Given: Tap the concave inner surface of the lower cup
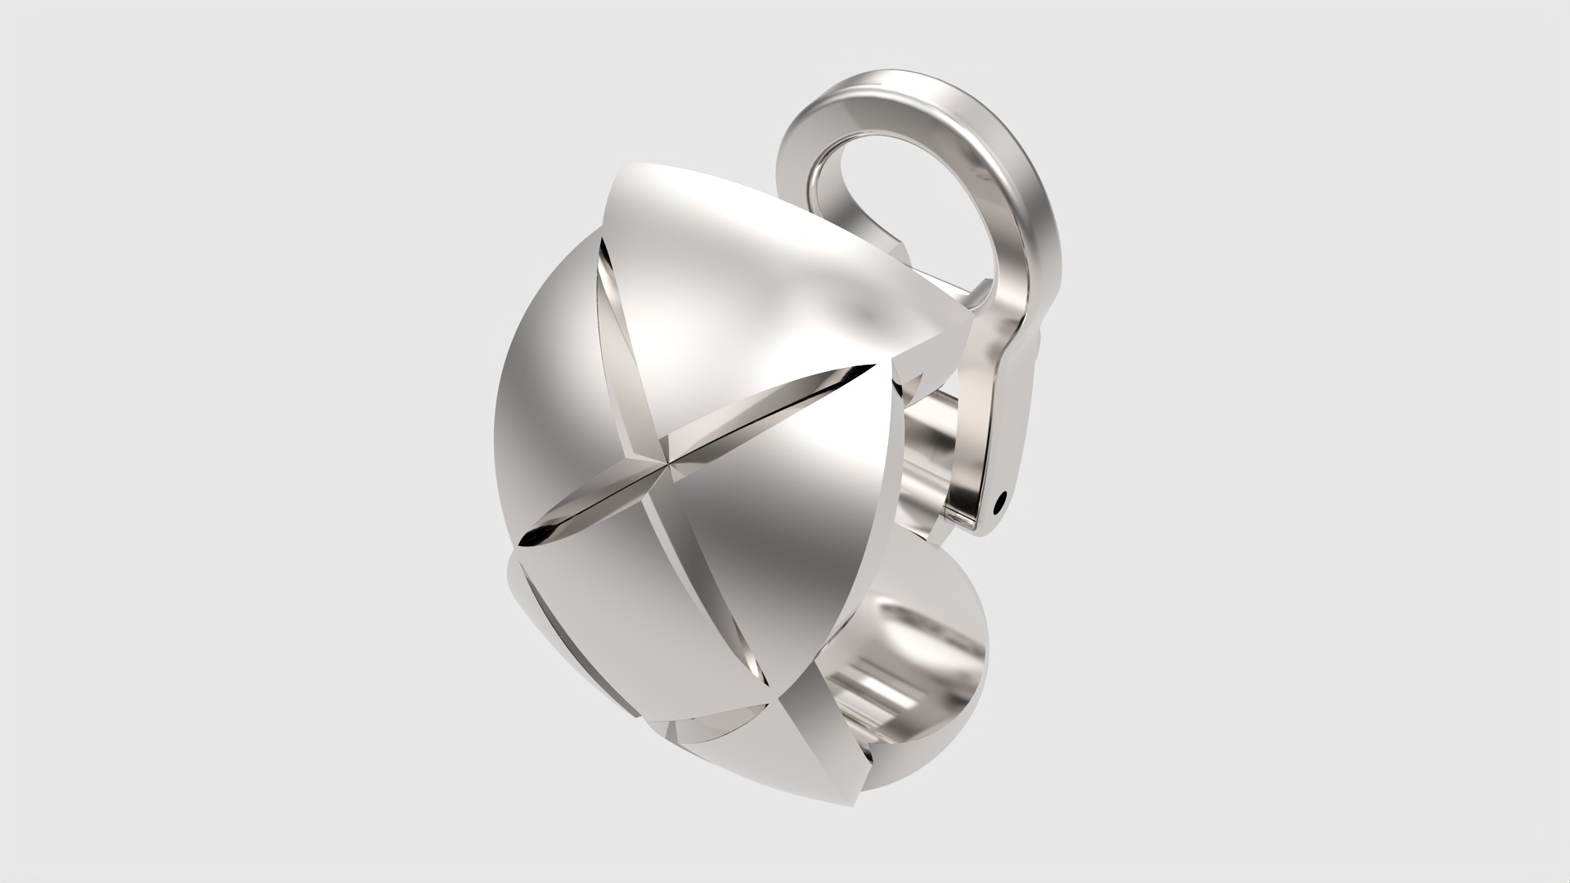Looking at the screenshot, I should pos(908,654).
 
